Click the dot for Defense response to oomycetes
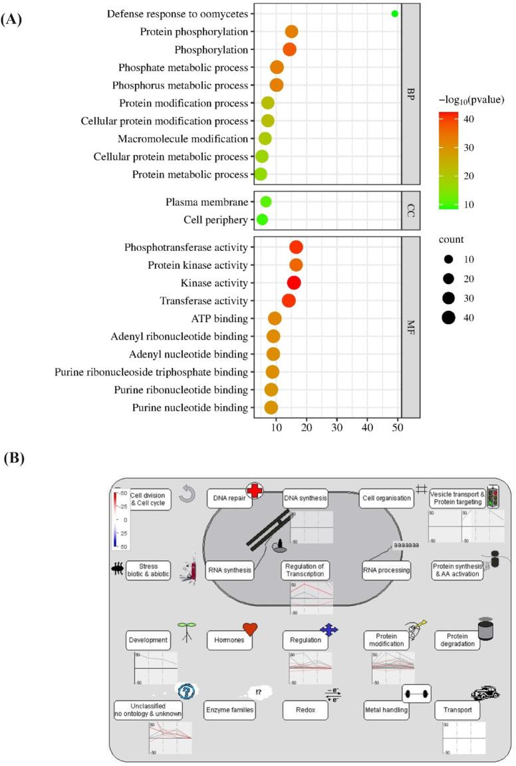click(x=394, y=13)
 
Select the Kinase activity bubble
click(x=293, y=283)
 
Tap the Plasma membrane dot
click(x=266, y=202)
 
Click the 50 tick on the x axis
click(x=398, y=427)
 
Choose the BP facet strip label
click(x=411, y=94)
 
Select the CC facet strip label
click(x=411, y=210)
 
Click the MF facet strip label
click(x=411, y=327)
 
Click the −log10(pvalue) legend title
click(x=471, y=100)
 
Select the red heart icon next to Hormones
click(x=250, y=629)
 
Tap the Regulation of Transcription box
click(x=307, y=570)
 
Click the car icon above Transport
click(x=485, y=693)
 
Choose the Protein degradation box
click(x=457, y=640)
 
